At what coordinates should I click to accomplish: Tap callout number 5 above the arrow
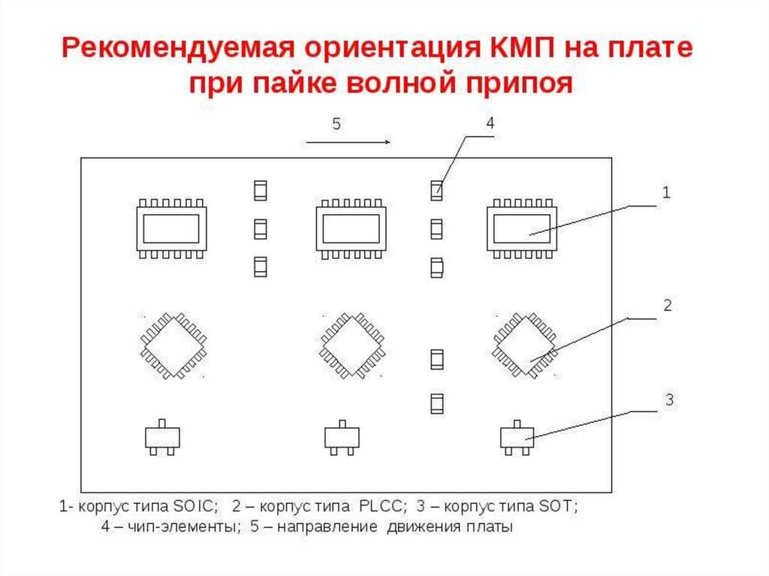tap(336, 125)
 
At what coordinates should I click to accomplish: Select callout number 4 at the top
tap(490, 123)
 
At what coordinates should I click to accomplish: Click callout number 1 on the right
tap(665, 192)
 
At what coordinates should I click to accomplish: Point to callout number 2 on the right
tap(666, 306)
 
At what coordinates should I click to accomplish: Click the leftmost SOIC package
tap(170, 228)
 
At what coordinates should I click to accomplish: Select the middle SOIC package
tap(350, 228)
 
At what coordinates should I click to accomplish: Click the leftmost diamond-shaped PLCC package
tap(173, 346)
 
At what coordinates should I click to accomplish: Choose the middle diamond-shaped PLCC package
tap(352, 346)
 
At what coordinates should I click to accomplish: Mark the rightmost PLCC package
tap(525, 346)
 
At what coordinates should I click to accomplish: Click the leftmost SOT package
tap(162, 437)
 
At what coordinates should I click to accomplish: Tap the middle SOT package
tap(342, 437)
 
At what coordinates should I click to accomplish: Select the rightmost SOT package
tap(517, 437)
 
